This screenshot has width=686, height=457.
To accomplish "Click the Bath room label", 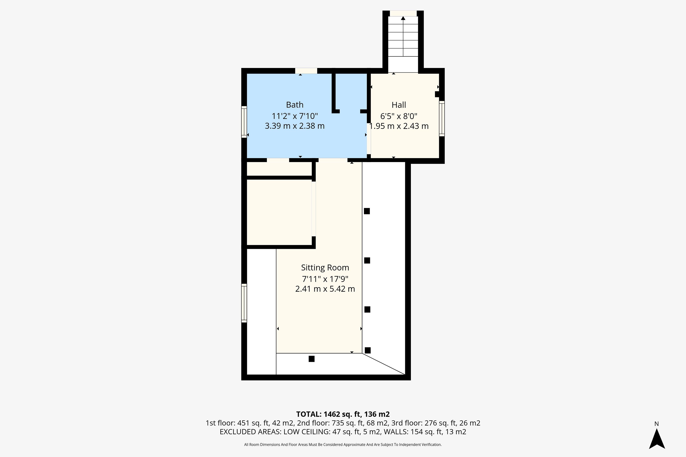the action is coord(295,105).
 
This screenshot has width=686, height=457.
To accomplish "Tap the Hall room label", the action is coord(399,105).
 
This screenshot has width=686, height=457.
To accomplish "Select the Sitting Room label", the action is coord(325,268).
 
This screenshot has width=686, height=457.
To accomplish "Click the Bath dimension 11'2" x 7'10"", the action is coord(295,116).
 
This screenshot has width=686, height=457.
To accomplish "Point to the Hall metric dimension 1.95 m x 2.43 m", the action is coord(399,126).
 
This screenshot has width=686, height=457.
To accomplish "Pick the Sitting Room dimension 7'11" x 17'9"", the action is coord(325,279).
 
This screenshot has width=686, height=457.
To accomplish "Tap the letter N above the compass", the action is coord(657,424).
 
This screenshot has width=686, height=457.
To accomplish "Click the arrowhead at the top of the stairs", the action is coord(403,18).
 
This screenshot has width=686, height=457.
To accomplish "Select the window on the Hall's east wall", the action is coord(442,119).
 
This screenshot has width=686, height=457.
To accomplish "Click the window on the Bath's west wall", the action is coord(244,122).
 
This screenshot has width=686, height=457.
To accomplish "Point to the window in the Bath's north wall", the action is coord(306,71).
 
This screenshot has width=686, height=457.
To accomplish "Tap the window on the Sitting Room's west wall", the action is coord(244,303).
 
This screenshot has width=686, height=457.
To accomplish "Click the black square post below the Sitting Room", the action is coord(312,359).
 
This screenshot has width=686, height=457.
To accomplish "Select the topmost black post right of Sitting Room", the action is coord(367,211).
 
